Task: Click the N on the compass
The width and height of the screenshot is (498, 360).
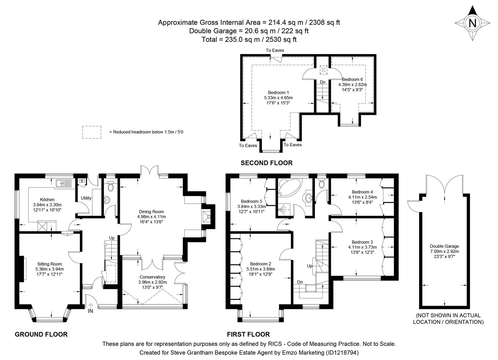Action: (472, 23)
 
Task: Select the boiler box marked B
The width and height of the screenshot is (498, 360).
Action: (82, 181)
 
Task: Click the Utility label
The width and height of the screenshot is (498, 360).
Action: (86, 198)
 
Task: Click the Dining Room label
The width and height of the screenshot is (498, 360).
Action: (151, 211)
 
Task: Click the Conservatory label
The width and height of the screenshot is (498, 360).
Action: (152, 277)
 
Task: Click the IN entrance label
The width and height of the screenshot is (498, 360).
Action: (90, 311)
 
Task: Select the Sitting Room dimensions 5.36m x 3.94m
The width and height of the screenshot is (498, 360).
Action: (49, 269)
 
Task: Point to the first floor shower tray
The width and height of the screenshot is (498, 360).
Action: (285, 208)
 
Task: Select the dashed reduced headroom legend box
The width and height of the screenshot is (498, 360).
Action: (92, 132)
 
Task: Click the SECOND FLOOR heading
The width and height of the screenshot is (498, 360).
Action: (266, 163)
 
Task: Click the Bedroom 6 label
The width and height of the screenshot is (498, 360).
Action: (352, 79)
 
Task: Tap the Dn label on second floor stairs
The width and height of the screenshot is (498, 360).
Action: (322, 82)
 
